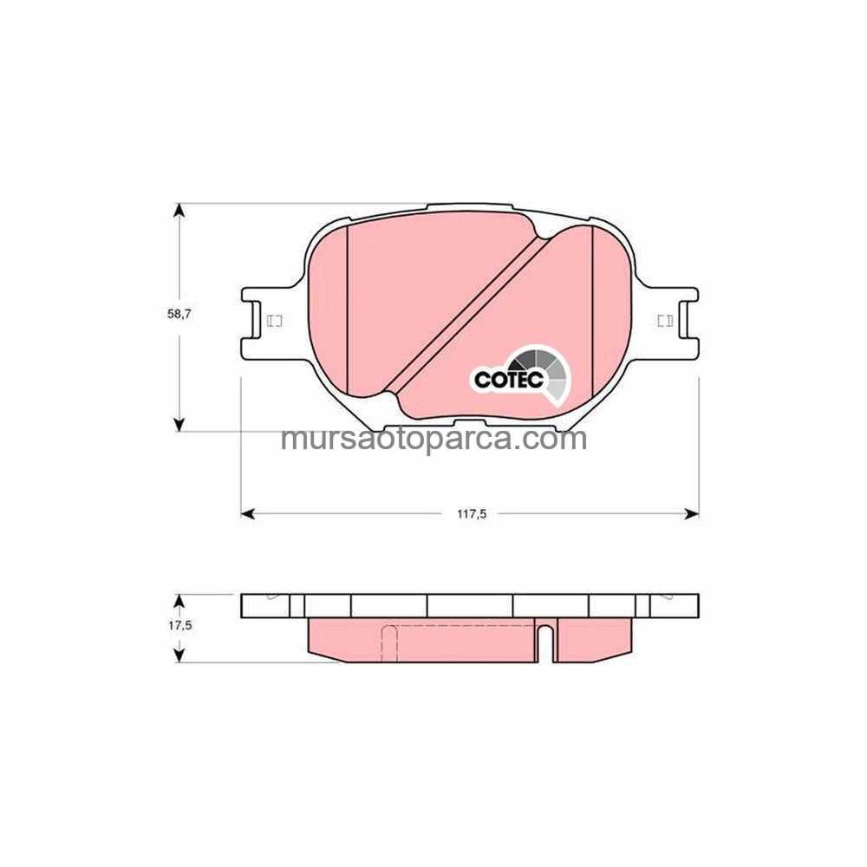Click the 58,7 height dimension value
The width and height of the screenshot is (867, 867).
coord(179,314)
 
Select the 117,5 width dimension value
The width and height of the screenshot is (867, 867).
coord(471,514)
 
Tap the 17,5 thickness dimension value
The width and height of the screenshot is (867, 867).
coord(179,626)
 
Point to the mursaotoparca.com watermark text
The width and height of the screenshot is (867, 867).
coord(434,439)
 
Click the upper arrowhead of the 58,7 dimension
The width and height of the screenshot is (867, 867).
coord(179,212)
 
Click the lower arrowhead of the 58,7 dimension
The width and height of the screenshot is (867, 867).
coord(179,424)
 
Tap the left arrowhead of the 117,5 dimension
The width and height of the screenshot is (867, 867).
coord(248,514)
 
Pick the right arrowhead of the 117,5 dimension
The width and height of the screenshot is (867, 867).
coord(692,514)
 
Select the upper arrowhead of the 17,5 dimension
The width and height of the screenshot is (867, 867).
coord(179,602)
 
